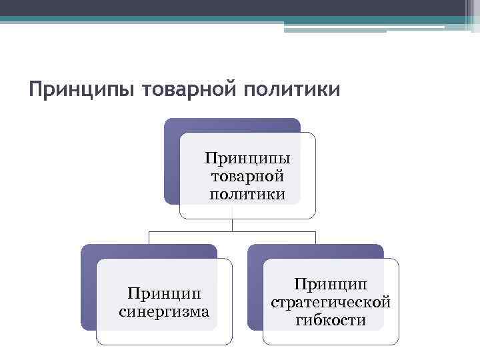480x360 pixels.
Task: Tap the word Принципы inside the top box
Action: [247, 160]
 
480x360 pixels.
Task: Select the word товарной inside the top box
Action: [247, 177]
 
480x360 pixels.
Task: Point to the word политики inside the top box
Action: [247, 195]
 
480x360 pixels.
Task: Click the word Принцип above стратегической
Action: [331, 285]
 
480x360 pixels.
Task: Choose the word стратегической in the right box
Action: [331, 302]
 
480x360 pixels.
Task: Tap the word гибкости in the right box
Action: [331, 320]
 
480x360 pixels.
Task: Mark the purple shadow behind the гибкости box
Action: [256, 293]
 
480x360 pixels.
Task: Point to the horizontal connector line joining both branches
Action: [200, 231]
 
